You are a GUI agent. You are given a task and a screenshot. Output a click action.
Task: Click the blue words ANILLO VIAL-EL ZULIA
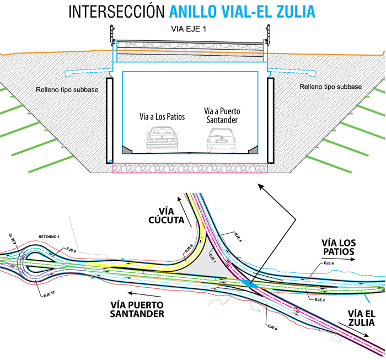(245, 12)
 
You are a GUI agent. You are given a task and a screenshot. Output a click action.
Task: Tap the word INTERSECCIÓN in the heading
(116, 12)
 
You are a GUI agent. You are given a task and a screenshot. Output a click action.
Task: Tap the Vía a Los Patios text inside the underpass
(162, 117)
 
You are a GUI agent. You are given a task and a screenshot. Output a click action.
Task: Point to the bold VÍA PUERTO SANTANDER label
(137, 308)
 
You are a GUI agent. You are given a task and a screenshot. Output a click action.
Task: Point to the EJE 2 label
(319, 300)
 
